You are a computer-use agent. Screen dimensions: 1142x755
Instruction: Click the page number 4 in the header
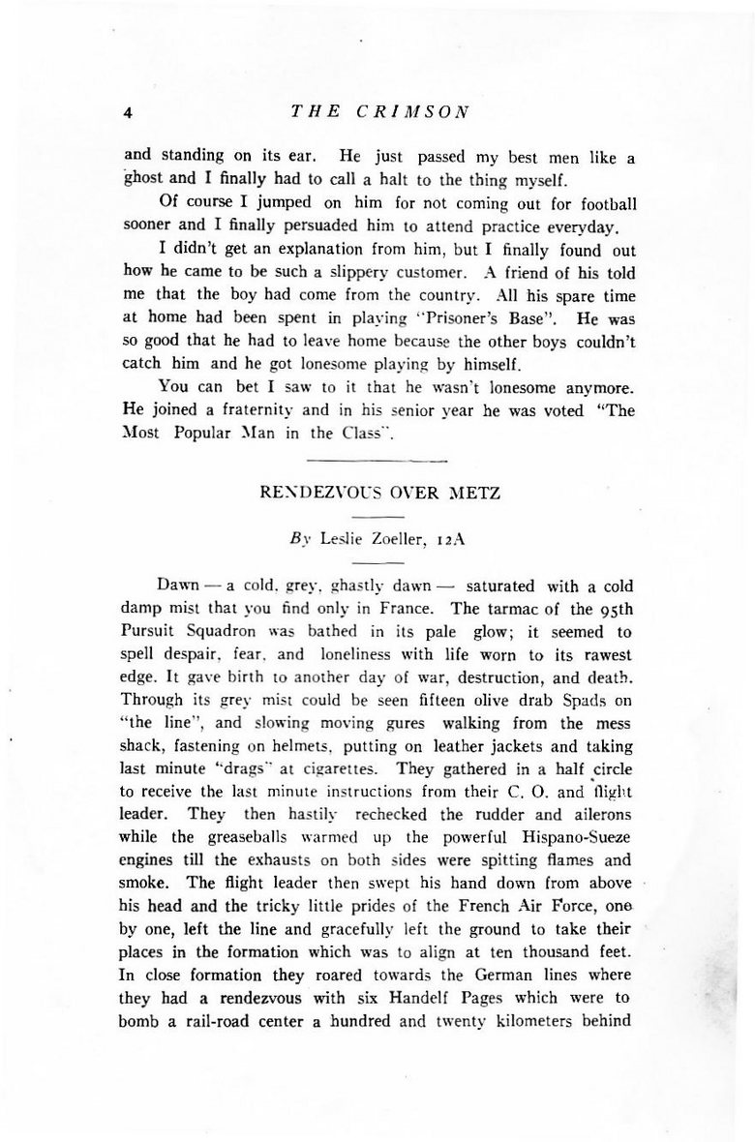point(127,111)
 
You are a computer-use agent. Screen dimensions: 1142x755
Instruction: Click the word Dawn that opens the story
point(180,586)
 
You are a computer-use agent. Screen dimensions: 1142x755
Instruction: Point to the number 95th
point(616,610)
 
